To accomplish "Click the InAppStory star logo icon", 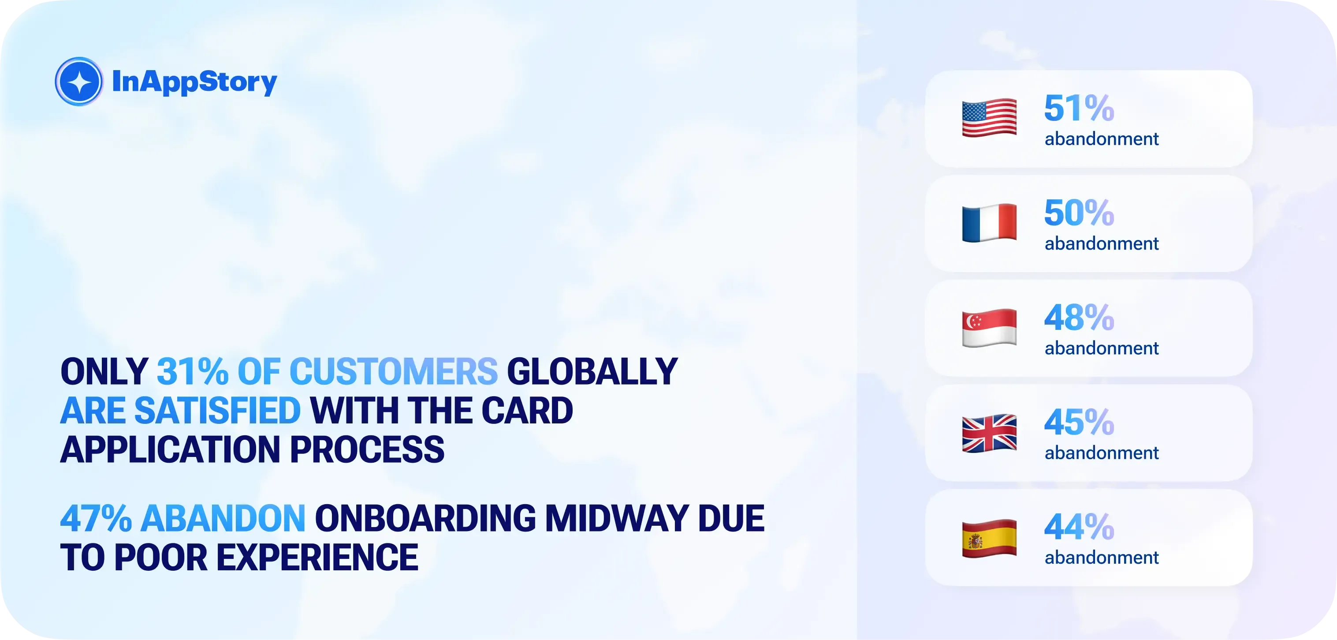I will [x=79, y=82].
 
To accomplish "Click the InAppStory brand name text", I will [x=195, y=82].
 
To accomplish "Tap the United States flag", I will [x=989, y=118].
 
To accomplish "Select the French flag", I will [x=989, y=223].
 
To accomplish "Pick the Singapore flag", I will [x=989, y=328].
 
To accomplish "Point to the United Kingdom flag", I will [x=989, y=433].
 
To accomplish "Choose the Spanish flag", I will [x=989, y=538].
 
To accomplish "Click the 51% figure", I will [x=1079, y=108].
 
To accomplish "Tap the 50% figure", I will [x=1079, y=213].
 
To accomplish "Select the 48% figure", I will [x=1079, y=318].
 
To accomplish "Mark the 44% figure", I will [x=1079, y=527].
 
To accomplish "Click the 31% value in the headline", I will [x=192, y=371].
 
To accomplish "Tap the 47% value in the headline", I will [x=96, y=518].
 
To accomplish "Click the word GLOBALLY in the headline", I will [x=592, y=371].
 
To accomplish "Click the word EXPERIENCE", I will [x=317, y=558].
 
